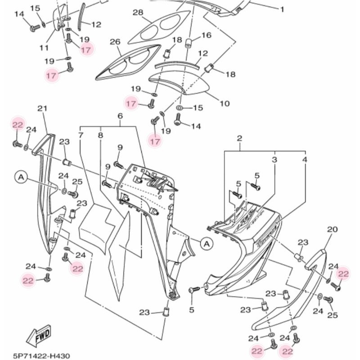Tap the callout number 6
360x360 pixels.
120,116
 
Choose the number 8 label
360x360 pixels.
100,135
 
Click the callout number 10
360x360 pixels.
224,103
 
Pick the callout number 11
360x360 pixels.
44,47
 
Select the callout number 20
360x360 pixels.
332,229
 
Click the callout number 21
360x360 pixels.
42,108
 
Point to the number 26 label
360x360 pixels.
115,42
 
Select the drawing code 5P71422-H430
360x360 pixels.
41,355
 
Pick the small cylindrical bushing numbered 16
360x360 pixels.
189,44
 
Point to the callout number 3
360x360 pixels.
274,160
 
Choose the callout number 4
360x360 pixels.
305,160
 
